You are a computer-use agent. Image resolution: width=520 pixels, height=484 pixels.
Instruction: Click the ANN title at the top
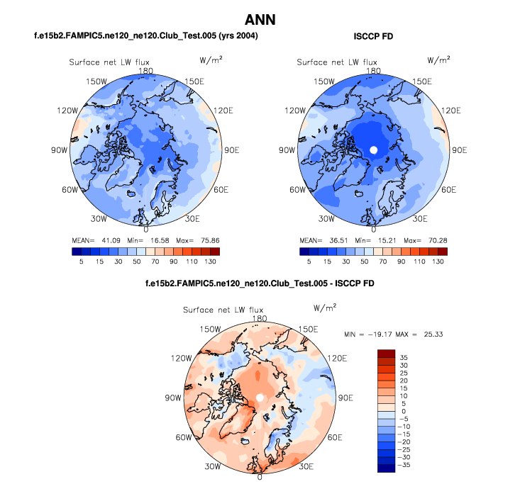(x=260, y=19)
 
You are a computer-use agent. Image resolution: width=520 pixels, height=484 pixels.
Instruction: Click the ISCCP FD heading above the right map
(x=373, y=35)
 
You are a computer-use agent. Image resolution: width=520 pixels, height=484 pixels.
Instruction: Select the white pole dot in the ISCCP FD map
(x=373, y=150)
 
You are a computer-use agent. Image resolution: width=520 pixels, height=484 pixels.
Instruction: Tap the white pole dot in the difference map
(x=260, y=399)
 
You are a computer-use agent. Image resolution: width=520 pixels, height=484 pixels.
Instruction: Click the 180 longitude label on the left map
(x=146, y=71)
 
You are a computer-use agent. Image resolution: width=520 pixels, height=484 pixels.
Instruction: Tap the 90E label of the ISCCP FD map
(x=459, y=150)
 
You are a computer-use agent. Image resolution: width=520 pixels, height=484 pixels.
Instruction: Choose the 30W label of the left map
(x=99, y=218)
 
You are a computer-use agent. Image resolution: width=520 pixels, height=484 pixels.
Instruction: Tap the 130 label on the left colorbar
(x=210, y=261)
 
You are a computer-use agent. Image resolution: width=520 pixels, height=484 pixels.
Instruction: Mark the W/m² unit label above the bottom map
(x=325, y=308)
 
